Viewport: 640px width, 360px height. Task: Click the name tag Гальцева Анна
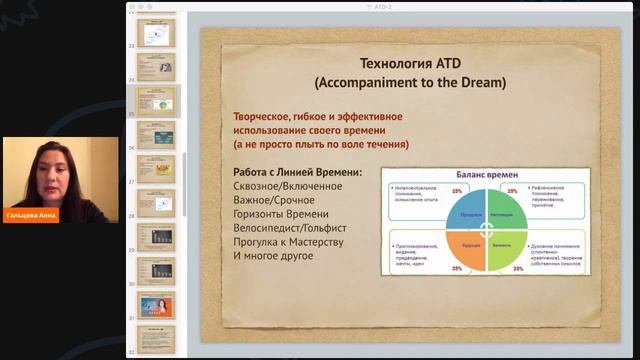(31, 215)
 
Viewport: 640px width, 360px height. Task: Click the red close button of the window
(133, 5)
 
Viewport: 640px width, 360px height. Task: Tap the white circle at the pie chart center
(487, 229)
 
